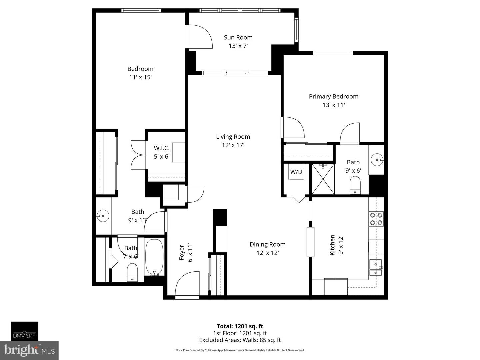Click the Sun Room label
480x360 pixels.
238,37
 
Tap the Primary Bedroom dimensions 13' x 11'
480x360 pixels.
333,105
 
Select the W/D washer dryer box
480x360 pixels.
296,172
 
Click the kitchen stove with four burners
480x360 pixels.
376,219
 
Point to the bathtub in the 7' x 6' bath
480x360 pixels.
154,257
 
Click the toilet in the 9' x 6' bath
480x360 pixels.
355,185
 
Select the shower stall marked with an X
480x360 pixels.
323,179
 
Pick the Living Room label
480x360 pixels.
233,137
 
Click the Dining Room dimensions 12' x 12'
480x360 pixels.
267,253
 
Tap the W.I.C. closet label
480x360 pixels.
162,148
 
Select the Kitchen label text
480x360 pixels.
332,245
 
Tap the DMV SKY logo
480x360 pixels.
24,331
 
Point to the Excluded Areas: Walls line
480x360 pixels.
240,340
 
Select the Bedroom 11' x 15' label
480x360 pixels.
140,73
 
